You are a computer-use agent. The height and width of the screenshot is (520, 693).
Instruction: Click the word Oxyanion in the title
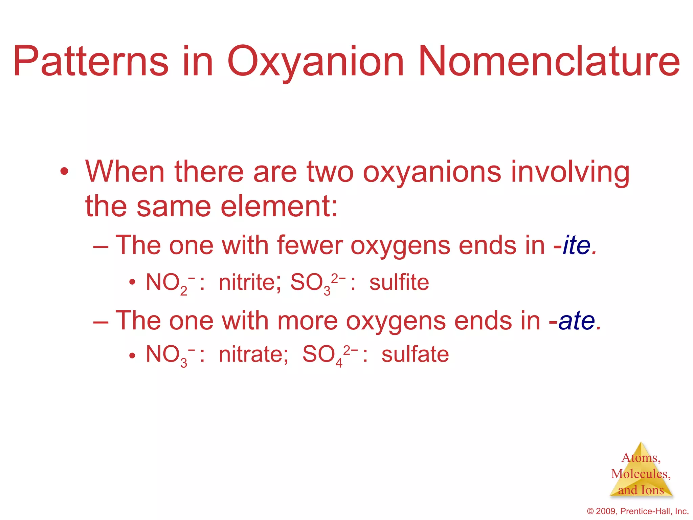click(315, 62)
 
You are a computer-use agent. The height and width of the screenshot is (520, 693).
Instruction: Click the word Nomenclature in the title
click(549, 62)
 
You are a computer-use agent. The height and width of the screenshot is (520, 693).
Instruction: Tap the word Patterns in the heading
click(91, 62)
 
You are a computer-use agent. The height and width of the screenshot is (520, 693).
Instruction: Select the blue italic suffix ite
click(577, 245)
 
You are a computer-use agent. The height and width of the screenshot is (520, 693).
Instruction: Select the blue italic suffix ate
click(577, 321)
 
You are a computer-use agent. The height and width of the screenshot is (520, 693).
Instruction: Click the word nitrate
click(253, 354)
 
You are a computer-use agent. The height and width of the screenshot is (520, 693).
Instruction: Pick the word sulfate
click(415, 354)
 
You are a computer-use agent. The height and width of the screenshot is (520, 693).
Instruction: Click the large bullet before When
click(64, 172)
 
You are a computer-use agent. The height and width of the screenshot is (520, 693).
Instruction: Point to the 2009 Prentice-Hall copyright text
click(638, 511)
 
